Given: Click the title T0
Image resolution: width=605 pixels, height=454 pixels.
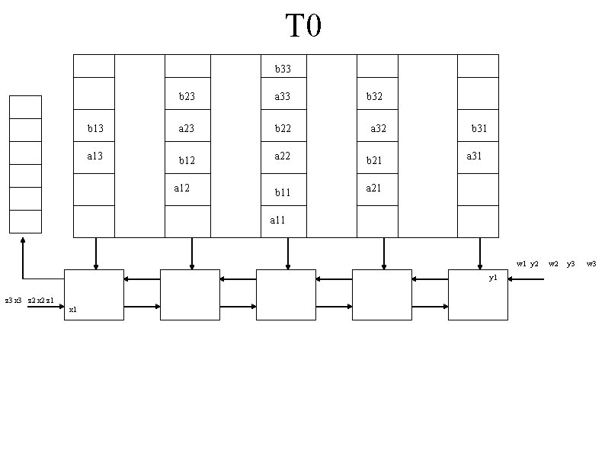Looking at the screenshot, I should click(303, 26).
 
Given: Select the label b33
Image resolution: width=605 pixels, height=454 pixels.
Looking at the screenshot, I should click(283, 69).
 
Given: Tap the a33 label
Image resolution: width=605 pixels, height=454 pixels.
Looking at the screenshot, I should click(283, 97).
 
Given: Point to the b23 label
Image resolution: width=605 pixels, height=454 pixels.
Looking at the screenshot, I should click(187, 97).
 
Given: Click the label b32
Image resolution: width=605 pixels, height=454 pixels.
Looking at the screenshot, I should click(374, 97).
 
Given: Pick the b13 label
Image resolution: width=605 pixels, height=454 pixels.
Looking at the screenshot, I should click(95, 129).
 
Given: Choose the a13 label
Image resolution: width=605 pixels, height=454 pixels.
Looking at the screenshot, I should click(95, 156).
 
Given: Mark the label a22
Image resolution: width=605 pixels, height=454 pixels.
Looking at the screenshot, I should click(283, 156).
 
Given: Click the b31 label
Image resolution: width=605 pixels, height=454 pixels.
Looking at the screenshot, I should click(479, 129).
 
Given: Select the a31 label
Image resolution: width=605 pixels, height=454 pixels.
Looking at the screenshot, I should click(474, 156).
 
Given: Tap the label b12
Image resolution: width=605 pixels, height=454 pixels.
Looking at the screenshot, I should click(187, 161).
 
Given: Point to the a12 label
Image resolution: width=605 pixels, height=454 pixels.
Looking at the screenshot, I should click(182, 188).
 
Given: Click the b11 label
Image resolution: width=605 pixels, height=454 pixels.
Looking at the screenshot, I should click(283, 193).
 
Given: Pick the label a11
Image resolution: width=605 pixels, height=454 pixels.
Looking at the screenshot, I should click(278, 221).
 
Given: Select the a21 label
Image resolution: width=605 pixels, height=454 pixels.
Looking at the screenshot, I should click(373, 188).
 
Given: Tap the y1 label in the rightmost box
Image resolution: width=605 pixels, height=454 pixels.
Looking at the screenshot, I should click(493, 279).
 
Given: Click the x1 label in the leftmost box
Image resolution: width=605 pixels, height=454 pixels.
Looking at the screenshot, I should click(72, 310).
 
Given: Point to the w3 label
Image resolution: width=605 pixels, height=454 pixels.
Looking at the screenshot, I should click(591, 264).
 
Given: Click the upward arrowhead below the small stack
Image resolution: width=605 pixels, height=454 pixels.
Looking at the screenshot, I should click(24, 240).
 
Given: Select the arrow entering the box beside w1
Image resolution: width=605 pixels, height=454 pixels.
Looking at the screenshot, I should click(526, 279).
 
